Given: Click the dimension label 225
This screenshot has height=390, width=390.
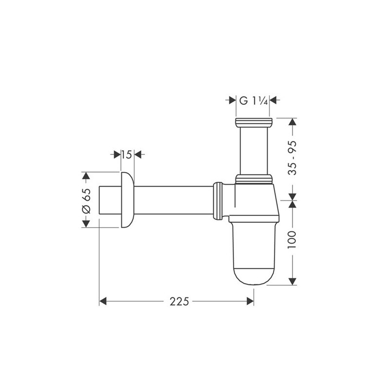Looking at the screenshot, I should tap(179, 302).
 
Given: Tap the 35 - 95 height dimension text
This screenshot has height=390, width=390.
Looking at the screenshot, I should tap(292, 155).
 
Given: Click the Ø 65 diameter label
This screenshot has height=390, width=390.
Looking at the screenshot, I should tap(86, 200).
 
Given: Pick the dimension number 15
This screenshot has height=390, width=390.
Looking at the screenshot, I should tap(126, 155).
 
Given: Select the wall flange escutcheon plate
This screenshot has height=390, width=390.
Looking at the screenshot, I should tap(126, 199).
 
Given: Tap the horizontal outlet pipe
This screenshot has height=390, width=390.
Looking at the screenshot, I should tap(173, 199).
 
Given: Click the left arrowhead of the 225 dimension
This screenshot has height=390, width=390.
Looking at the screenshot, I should tap(103, 302).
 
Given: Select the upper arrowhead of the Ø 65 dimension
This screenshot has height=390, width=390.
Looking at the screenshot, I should tap(86, 175).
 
